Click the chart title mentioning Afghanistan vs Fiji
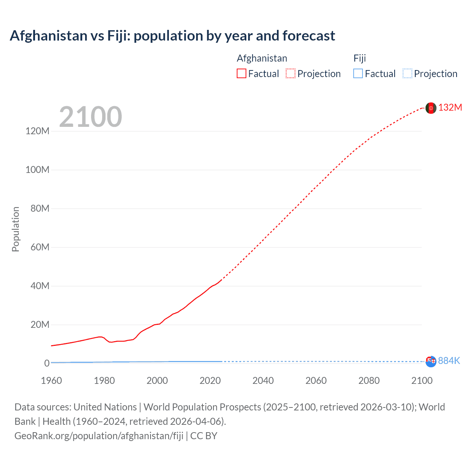click(x=172, y=36)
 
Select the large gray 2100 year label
click(x=90, y=117)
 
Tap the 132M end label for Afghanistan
click(x=450, y=107)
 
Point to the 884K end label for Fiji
click(x=449, y=361)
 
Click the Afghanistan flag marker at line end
click(x=431, y=108)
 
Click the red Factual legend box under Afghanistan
click(x=242, y=74)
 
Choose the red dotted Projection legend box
click(x=291, y=74)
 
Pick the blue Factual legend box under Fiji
click(x=358, y=74)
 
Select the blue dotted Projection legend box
click(x=407, y=74)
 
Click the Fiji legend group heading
click(x=360, y=58)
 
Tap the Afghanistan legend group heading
click(x=262, y=58)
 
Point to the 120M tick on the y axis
click(x=37, y=131)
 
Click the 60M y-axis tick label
click(x=40, y=247)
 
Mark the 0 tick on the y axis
click(x=47, y=363)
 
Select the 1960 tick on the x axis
click(x=51, y=381)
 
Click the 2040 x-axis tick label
click(x=263, y=381)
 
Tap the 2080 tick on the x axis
click(x=369, y=381)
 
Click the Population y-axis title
click(x=15, y=229)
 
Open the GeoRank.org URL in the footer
click(x=99, y=436)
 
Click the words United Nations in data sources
click(x=105, y=407)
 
